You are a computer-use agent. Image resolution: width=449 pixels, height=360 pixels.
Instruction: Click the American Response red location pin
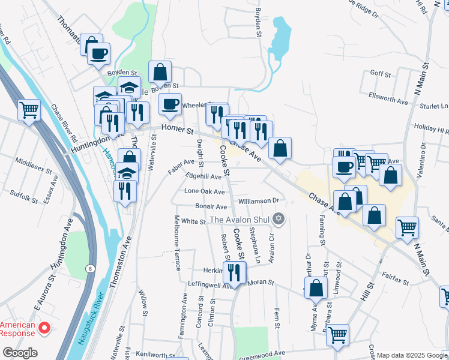43,328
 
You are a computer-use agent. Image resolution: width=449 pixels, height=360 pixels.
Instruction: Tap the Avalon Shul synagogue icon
277,219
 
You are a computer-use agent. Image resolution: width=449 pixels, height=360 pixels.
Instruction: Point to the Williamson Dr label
259,200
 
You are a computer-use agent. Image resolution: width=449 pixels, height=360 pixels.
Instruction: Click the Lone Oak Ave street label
204,191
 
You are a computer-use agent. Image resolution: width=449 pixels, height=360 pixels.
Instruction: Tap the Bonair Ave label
206,206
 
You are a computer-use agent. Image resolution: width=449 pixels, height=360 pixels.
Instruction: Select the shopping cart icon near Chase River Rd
29,110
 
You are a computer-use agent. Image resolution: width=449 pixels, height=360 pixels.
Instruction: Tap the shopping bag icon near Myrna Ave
316,289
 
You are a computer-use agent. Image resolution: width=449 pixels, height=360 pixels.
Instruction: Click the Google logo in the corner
20,353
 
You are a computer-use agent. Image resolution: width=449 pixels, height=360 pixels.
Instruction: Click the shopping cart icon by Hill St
337,335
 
